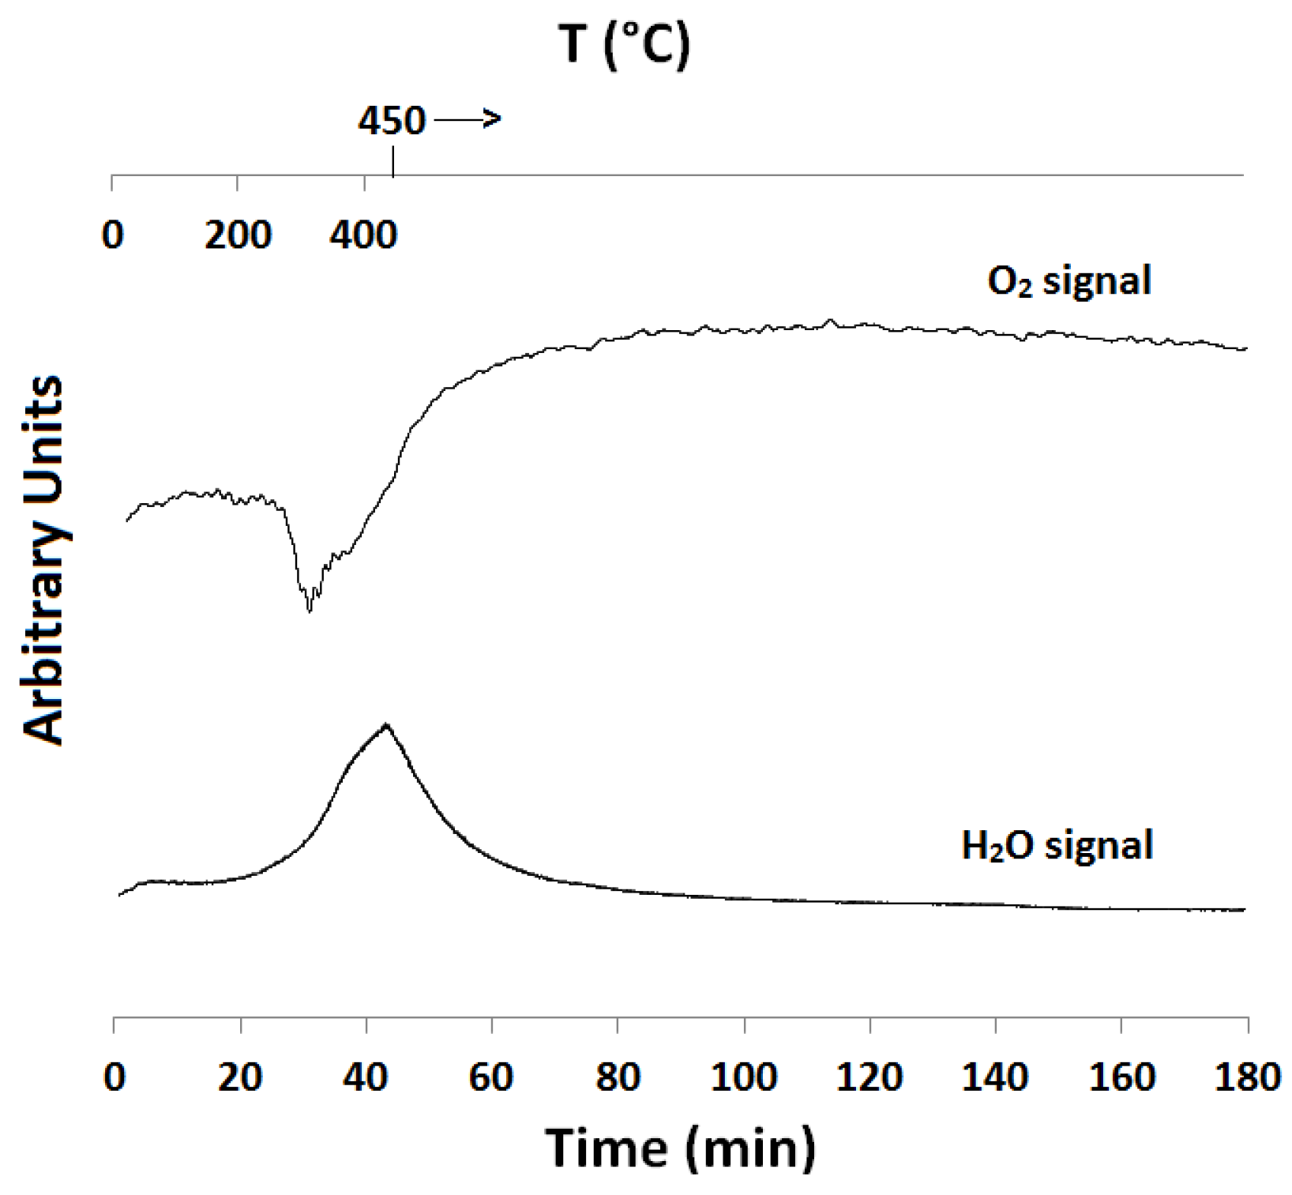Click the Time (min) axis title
[x=680, y=1147]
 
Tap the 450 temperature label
[x=392, y=121]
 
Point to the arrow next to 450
[x=468, y=119]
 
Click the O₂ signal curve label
[x=1069, y=281]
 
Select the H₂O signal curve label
[x=1057, y=845]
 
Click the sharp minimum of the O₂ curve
[x=310, y=609]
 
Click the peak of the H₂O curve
[x=385, y=724]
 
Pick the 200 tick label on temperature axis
[x=238, y=235]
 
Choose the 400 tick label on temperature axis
[x=363, y=235]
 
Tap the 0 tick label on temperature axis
[x=113, y=235]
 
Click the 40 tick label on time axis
[x=366, y=1077]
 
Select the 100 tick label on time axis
[x=744, y=1077]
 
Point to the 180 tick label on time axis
[x=1247, y=1077]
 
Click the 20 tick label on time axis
[x=240, y=1077]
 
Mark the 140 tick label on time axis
[x=995, y=1077]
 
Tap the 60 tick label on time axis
[x=491, y=1077]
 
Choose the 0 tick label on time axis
[x=115, y=1077]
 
